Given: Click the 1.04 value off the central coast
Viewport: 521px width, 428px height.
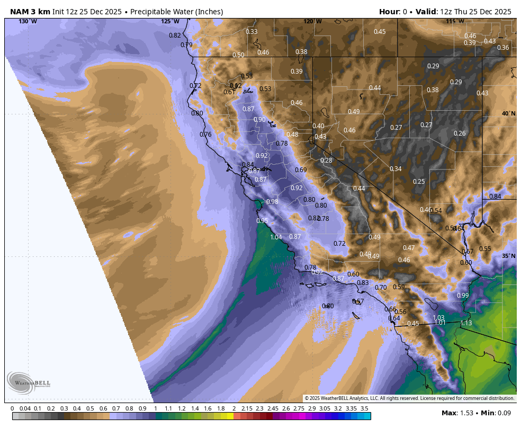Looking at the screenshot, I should (x=276, y=237).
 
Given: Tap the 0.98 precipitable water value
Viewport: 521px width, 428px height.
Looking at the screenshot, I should (x=272, y=202).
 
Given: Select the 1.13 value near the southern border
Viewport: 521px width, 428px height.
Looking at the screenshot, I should (x=466, y=323).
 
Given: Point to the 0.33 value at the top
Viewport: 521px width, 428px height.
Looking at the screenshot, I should (x=251, y=32).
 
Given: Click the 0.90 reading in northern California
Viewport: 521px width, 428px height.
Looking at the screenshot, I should (x=259, y=120).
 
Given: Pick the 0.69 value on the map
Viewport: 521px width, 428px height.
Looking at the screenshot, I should (x=301, y=170).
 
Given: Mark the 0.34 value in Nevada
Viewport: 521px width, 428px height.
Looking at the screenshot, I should (x=396, y=169).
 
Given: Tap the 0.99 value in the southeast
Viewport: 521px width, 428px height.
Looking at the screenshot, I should (x=463, y=296).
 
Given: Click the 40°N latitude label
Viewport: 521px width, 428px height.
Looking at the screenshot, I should (x=508, y=114).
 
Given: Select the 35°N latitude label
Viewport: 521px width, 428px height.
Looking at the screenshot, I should (x=508, y=256).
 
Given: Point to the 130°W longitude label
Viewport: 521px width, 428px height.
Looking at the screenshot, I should (x=28, y=21).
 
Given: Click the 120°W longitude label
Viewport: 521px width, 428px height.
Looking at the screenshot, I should (x=312, y=21).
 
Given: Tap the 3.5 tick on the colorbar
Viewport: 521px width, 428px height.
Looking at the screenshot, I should (x=364, y=408).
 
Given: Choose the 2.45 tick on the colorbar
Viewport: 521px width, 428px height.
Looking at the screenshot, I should (x=273, y=408).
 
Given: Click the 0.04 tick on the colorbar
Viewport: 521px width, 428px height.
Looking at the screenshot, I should (x=25, y=408).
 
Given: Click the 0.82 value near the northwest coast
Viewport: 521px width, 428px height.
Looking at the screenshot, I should (x=175, y=35).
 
